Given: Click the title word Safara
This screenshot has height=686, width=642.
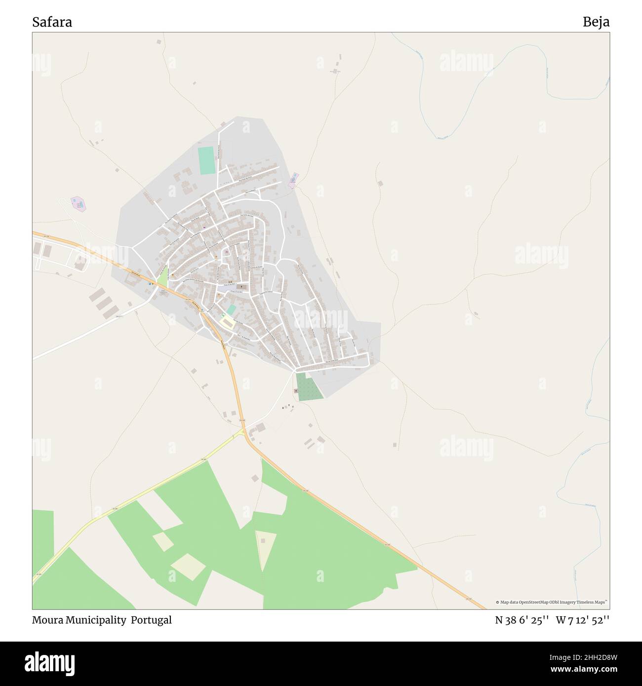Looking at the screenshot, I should pyautogui.click(x=52, y=22).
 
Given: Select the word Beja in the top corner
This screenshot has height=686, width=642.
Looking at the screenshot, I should pyautogui.click(x=596, y=22).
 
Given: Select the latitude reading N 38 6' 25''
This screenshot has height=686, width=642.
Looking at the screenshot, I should pyautogui.click(x=522, y=620).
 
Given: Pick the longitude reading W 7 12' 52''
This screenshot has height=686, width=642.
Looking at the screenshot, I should pyautogui.click(x=583, y=620).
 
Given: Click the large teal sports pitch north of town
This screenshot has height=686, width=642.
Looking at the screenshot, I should pyautogui.click(x=206, y=160).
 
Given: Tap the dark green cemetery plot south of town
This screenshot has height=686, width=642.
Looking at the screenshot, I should pyautogui.click(x=310, y=386).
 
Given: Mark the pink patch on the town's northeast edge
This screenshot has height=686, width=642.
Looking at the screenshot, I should pyautogui.click(x=294, y=180).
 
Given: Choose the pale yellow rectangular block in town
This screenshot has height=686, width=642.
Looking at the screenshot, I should pyautogui.click(x=227, y=323).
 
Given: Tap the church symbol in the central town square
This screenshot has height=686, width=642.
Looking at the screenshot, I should pyautogui.click(x=241, y=287).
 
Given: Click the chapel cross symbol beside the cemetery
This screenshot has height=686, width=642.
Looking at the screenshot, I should pyautogui.click(x=296, y=391).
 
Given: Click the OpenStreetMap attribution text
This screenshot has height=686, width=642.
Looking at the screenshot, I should pyautogui.click(x=552, y=602).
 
